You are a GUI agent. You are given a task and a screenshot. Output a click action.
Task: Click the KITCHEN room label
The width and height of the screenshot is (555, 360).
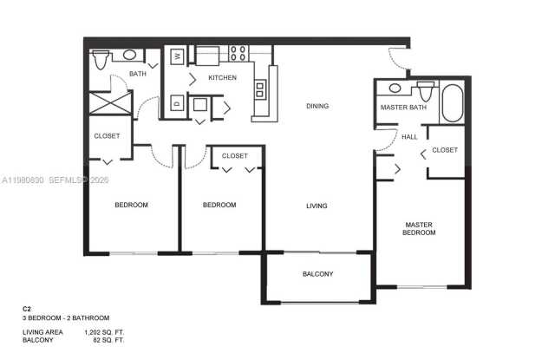coord(223,78)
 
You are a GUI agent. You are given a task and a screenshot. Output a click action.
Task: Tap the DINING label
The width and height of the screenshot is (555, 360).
coord(317,107)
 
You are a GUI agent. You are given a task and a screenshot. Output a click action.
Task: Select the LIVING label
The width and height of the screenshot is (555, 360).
coord(317,206)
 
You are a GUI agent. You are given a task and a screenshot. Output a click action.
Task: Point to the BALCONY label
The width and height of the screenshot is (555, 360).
coord(317,274)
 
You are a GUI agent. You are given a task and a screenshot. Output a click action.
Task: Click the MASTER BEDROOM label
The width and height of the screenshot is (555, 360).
coord(419,229)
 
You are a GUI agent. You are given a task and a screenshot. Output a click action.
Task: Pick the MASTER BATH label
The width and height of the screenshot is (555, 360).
coord(403,108)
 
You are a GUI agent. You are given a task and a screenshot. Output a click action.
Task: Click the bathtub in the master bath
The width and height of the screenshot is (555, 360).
coord(454,102)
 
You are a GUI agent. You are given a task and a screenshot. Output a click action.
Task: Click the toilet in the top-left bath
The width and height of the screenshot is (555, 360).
coord(101,59)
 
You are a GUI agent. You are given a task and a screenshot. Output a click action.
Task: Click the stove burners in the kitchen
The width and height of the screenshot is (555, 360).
coord(237,54)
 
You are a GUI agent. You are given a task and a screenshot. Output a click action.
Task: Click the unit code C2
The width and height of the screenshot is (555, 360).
coord(28,308)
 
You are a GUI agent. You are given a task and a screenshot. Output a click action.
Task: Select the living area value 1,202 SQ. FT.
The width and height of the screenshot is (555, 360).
coord(103,332)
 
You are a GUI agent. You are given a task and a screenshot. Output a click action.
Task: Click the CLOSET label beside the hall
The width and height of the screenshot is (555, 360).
coord(445,150)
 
